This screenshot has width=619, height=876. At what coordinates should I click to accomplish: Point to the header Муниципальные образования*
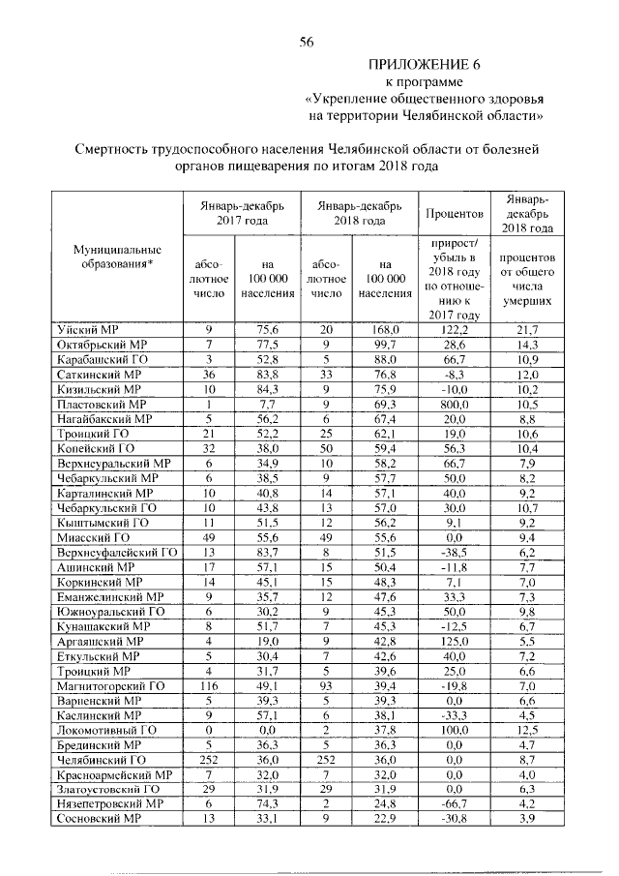(x=117, y=256)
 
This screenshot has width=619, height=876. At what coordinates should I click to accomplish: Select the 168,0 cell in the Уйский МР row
(x=386, y=330)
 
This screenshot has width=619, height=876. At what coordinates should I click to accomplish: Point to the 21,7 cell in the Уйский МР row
(x=526, y=330)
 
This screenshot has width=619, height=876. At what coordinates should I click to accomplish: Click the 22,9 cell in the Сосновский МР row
(x=386, y=818)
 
